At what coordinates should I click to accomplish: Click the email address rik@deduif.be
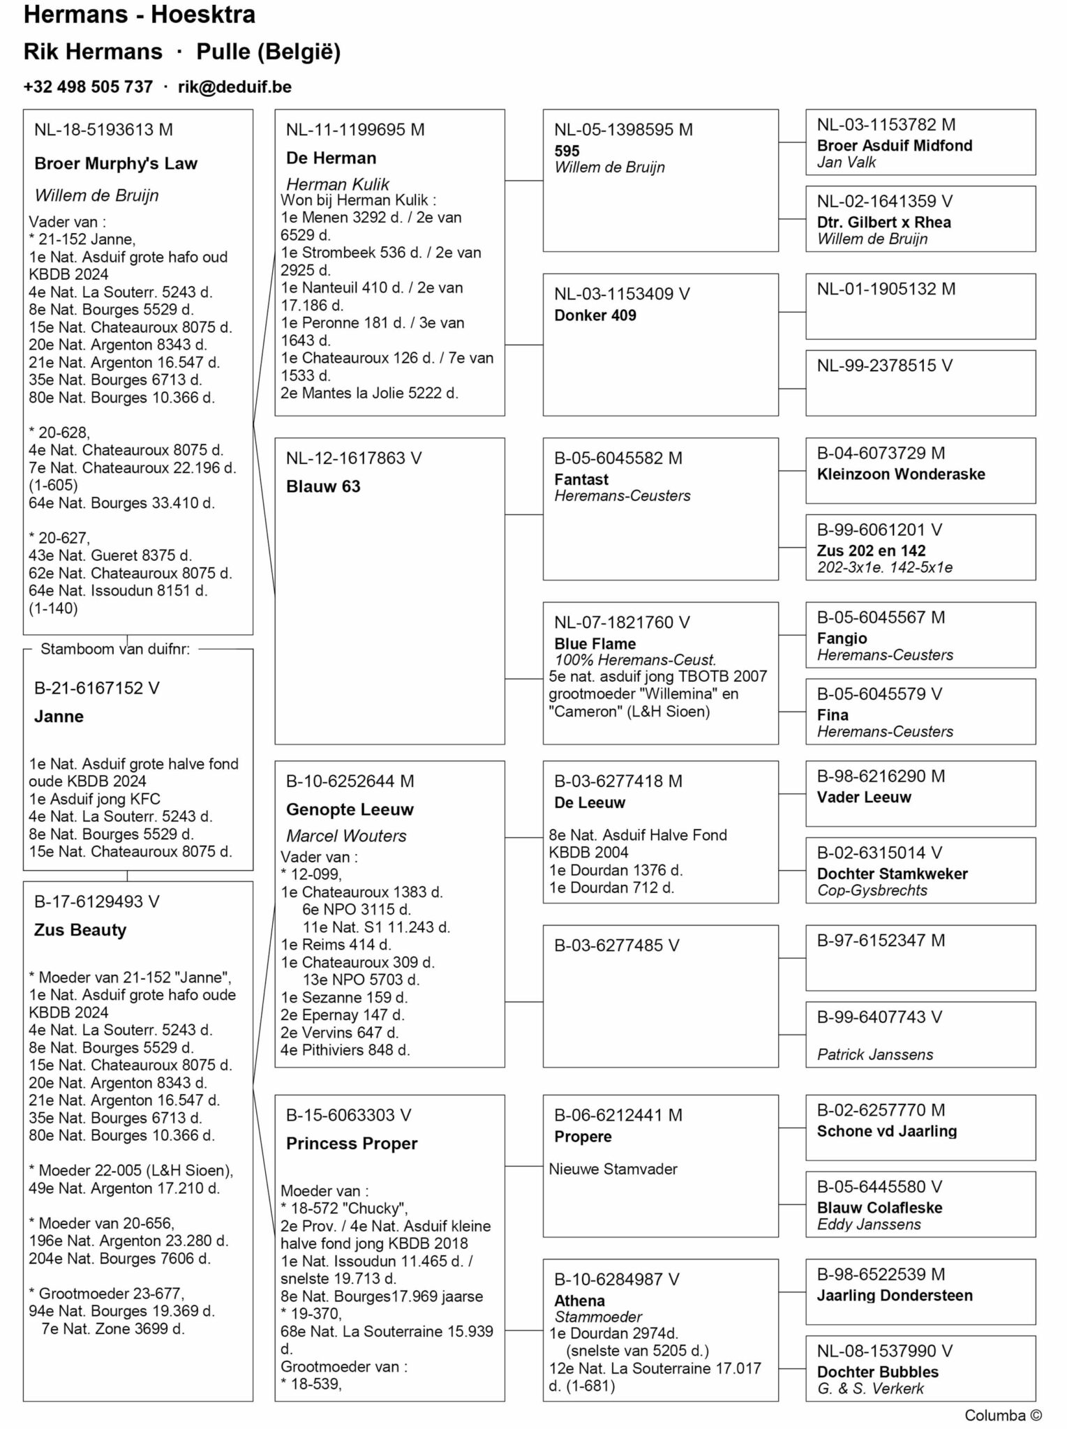coord(234,87)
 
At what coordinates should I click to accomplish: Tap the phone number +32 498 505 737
coord(88,87)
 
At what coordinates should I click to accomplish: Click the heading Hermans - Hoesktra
coord(140,15)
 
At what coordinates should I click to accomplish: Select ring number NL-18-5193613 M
coord(103,130)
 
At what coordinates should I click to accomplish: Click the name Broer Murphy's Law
coord(116,164)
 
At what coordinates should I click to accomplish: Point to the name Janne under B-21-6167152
coord(59,717)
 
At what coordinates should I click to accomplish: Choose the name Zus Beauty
coord(80,930)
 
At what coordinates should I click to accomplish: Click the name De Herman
coord(331,158)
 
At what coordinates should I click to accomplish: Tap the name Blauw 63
coord(323,487)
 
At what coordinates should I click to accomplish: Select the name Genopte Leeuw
coord(350,810)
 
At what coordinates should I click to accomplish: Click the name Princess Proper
coord(352,1144)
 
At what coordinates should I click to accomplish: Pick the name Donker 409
coord(595,315)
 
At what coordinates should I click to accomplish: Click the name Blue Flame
coord(595,644)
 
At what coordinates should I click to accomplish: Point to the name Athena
coord(579,1301)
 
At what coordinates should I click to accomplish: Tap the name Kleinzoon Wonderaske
coord(900,474)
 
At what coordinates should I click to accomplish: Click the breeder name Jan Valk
coord(846,163)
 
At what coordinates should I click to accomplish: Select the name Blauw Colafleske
coord(879,1208)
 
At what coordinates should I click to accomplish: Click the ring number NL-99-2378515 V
coord(884,366)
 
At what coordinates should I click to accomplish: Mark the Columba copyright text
coord(1002,1415)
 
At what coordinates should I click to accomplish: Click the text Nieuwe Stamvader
coord(613,1169)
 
